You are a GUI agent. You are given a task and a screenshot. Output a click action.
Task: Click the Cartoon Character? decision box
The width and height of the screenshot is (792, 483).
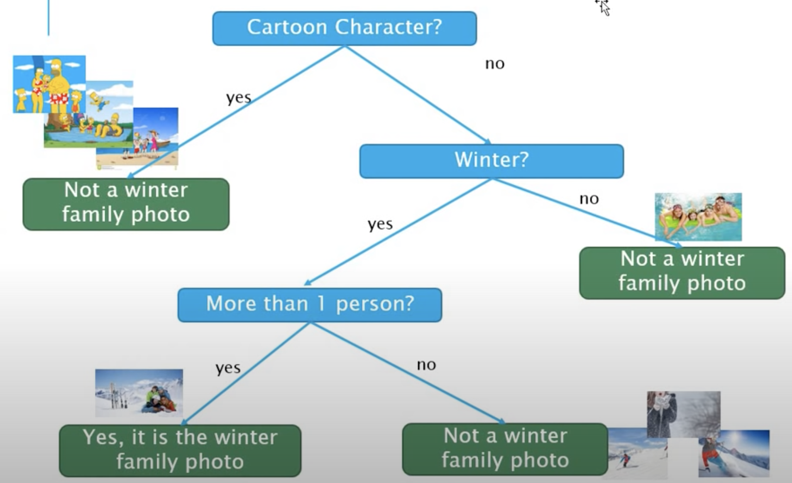click(344, 28)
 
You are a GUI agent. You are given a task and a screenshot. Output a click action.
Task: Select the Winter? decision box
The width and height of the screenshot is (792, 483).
click(491, 161)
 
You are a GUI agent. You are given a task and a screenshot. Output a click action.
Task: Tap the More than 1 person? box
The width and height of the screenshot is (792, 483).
click(310, 305)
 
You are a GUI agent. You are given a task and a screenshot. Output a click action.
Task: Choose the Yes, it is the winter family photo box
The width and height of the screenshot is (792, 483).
click(180, 451)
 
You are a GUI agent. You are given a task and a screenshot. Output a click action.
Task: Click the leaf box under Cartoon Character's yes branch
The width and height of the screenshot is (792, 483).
click(126, 204)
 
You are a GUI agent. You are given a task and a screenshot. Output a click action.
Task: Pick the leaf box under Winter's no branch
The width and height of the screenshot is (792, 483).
click(682, 273)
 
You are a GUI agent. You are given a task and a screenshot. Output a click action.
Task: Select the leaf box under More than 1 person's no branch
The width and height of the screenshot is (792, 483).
click(505, 449)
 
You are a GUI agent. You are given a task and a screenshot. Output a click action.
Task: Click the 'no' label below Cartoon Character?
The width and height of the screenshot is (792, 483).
click(494, 64)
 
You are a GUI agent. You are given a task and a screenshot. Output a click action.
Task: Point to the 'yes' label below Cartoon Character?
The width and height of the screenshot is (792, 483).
click(239, 98)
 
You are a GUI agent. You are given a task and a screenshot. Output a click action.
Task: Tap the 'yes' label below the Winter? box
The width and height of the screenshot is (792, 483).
click(380, 224)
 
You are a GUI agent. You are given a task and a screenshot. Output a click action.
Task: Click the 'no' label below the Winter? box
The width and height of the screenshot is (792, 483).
click(589, 199)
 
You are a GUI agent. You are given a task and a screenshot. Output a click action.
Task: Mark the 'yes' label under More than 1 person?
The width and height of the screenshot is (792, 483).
click(228, 368)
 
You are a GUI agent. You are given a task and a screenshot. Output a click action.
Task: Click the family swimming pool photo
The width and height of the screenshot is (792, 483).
click(698, 217)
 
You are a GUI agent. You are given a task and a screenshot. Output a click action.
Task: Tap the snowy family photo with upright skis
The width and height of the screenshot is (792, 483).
click(139, 393)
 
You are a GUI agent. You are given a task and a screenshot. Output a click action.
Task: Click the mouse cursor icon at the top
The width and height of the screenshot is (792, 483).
click(604, 8)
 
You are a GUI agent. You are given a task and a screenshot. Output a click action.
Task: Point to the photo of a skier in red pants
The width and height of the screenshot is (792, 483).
click(733, 453)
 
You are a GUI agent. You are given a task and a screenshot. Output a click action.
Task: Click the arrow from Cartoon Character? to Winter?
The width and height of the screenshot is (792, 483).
click(417, 95)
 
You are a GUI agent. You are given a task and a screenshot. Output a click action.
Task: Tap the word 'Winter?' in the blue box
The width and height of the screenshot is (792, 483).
click(491, 160)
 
